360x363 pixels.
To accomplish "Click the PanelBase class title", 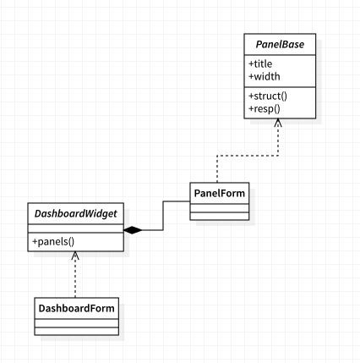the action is (280, 45).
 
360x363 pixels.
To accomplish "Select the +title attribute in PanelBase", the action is (260, 64).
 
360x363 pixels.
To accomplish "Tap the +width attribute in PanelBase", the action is (265, 76).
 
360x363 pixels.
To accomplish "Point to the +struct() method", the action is (268, 96).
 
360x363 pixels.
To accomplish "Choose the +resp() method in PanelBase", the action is (265, 108).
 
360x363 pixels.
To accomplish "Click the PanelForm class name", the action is (220, 194).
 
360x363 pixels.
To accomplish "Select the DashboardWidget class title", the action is (75, 214).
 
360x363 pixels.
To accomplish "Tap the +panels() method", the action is (53, 242).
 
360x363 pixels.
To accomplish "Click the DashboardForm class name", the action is (76, 308).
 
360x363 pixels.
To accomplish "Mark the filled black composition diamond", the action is (133, 230).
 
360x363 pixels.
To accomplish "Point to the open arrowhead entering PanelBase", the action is (278, 123).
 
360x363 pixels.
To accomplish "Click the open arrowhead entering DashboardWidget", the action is (75, 255).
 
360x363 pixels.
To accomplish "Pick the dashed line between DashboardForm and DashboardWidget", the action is (75, 274).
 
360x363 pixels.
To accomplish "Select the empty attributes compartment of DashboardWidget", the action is (75, 228).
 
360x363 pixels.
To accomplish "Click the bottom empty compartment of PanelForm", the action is (220, 216).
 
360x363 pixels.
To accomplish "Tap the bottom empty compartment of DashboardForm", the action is (76, 331).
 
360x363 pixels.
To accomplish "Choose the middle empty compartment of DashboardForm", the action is (76, 323).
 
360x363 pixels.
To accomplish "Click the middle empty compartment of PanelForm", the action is (220, 208).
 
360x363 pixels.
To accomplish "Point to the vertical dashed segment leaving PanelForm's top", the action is (217, 169).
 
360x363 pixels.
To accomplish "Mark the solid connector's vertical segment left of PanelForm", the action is (163, 216).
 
